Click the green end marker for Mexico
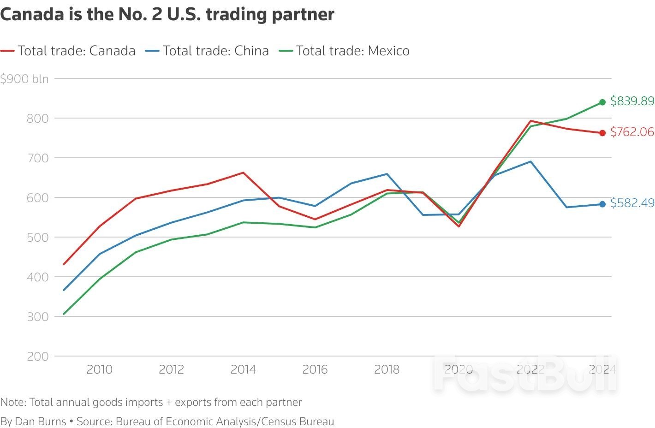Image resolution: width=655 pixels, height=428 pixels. pos(602,102)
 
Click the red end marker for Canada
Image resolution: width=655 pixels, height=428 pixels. pos(602,133)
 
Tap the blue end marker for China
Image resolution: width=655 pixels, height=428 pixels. pos(602,204)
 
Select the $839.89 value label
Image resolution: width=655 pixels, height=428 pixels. pos(632,101)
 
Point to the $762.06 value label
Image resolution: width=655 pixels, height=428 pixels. pos(632,132)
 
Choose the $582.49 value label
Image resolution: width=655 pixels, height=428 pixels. pos(632,203)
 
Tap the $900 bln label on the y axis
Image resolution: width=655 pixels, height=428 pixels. pos(24,79)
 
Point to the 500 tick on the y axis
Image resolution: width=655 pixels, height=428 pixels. pos(38,238)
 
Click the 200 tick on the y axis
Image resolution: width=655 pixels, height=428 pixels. pos(38,357)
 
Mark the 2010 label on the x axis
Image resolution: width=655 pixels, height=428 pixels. pos(100,369)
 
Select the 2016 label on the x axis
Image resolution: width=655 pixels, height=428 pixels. pos(315,369)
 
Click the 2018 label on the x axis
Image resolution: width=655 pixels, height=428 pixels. pos(387,369)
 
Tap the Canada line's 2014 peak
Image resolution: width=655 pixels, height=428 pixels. pos(243,173)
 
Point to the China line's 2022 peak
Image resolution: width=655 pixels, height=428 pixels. pos(530,161)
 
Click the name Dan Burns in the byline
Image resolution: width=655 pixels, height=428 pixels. pos(41,422)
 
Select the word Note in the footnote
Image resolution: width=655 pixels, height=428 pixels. pos(12,402)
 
